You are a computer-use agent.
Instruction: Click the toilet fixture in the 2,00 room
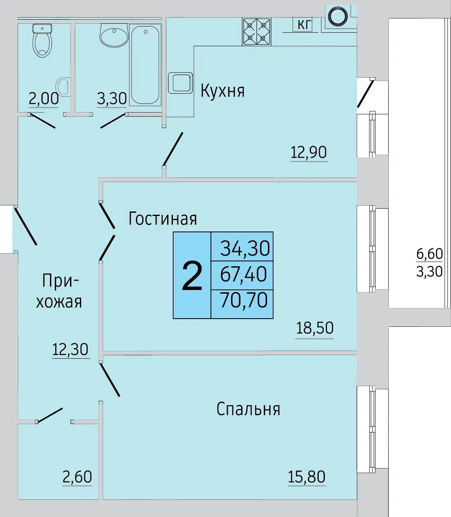pyautogui.click(x=42, y=40)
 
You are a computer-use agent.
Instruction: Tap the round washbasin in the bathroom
pyautogui.click(x=114, y=35)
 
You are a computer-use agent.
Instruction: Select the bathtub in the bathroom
pyautogui.click(x=145, y=65)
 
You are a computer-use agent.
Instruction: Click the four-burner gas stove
pyautogui.click(x=256, y=32)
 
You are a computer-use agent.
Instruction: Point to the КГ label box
pyautogui.click(x=302, y=25)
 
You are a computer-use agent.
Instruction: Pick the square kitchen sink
pyautogui.click(x=180, y=83)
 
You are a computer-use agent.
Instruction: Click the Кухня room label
pyautogui.click(x=222, y=91)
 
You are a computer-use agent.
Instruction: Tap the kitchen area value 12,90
pyautogui.click(x=308, y=152)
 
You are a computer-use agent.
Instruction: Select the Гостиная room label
pyautogui.click(x=163, y=218)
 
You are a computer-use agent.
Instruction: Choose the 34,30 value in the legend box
pyautogui.click(x=245, y=248)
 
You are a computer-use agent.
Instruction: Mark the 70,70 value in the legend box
pyautogui.click(x=244, y=300)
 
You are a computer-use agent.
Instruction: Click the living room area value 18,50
pyautogui.click(x=315, y=328)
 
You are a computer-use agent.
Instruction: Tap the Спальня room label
pyautogui.click(x=248, y=409)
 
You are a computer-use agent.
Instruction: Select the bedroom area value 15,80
pyautogui.click(x=306, y=477)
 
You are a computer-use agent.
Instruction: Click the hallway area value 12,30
pyautogui.click(x=70, y=349)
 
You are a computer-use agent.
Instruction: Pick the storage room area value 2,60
pyautogui.click(x=77, y=477)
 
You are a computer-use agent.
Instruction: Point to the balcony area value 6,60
pyautogui.click(x=429, y=254)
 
